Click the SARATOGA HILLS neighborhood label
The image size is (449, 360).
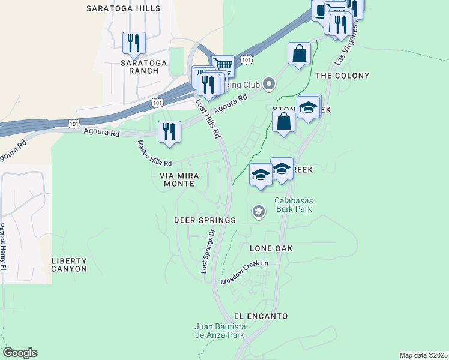pyautogui.click(x=123, y=8)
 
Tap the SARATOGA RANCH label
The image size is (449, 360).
pyautogui.click(x=140, y=66)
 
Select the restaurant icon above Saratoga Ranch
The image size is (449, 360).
pyautogui.click(x=134, y=43)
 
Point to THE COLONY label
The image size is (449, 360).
pyautogui.click(x=342, y=76)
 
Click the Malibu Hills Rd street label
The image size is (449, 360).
pyautogui.click(x=155, y=154)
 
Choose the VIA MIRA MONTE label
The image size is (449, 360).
pyautogui.click(x=179, y=179)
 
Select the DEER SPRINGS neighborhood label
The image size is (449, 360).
pyautogui.click(x=205, y=220)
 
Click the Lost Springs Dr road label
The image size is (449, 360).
pyautogui.click(x=208, y=251)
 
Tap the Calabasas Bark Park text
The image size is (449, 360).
pyautogui.click(x=294, y=205)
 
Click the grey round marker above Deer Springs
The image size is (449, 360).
pyautogui.click(x=258, y=211)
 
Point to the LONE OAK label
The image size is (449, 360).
pyautogui.click(x=270, y=248)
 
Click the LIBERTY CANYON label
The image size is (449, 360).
pyautogui.click(x=69, y=265)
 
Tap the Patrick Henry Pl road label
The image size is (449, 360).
pyautogui.click(x=3, y=247)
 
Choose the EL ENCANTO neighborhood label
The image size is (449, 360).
pyautogui.click(x=261, y=316)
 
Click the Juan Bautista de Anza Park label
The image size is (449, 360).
pyautogui.click(x=220, y=331)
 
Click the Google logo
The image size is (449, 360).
pyautogui.click(x=20, y=353)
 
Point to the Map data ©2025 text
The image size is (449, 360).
pyautogui.click(x=423, y=355)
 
